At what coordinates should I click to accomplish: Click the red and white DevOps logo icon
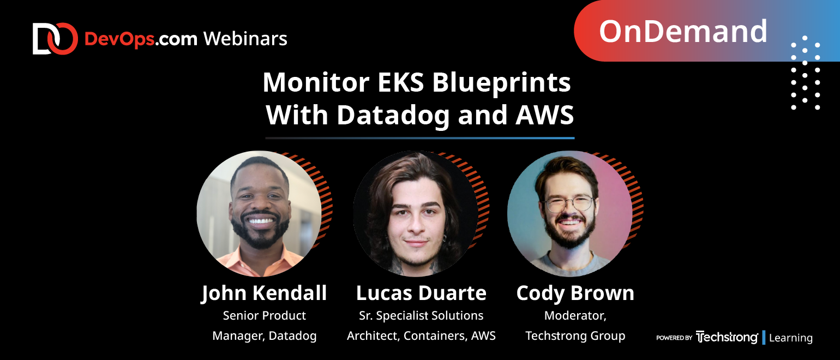coord(55,39)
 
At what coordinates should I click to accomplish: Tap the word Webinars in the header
coord(245,39)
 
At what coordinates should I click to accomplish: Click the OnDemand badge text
coord(683,31)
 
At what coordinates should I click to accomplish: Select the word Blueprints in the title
coord(501,83)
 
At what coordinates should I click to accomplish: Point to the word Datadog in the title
coord(393,116)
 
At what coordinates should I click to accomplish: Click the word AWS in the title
coord(545,115)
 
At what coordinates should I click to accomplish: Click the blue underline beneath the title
coord(420,138)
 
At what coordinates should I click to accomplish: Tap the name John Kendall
coord(264,293)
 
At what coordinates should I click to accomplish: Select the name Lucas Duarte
coord(421,293)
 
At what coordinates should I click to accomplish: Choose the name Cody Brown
coord(575,293)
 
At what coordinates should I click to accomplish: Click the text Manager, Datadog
coord(265,335)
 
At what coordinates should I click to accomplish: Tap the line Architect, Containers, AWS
coord(421,335)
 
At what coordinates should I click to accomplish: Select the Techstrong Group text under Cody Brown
coord(575,335)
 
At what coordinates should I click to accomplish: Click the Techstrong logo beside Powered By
coord(727,337)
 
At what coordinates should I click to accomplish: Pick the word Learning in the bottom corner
coord(791,338)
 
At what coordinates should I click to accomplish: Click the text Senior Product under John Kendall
coord(265,316)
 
